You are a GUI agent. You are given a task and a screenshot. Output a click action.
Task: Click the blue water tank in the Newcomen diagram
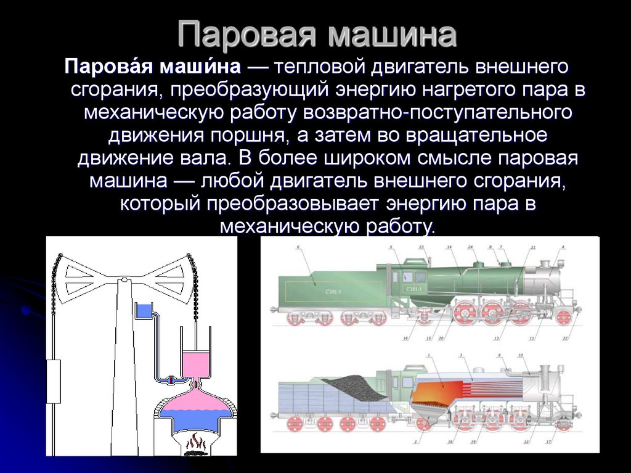tap(143, 310)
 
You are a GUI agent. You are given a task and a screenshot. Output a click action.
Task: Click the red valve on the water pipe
tap(172, 380)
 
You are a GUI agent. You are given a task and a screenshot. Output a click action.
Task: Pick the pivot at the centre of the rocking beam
tap(124, 280)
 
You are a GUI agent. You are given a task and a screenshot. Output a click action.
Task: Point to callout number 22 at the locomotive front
tap(566, 339)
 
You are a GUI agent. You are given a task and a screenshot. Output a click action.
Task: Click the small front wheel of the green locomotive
tap(563, 317)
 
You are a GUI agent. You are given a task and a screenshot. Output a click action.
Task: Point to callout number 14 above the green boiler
tap(449, 247)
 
